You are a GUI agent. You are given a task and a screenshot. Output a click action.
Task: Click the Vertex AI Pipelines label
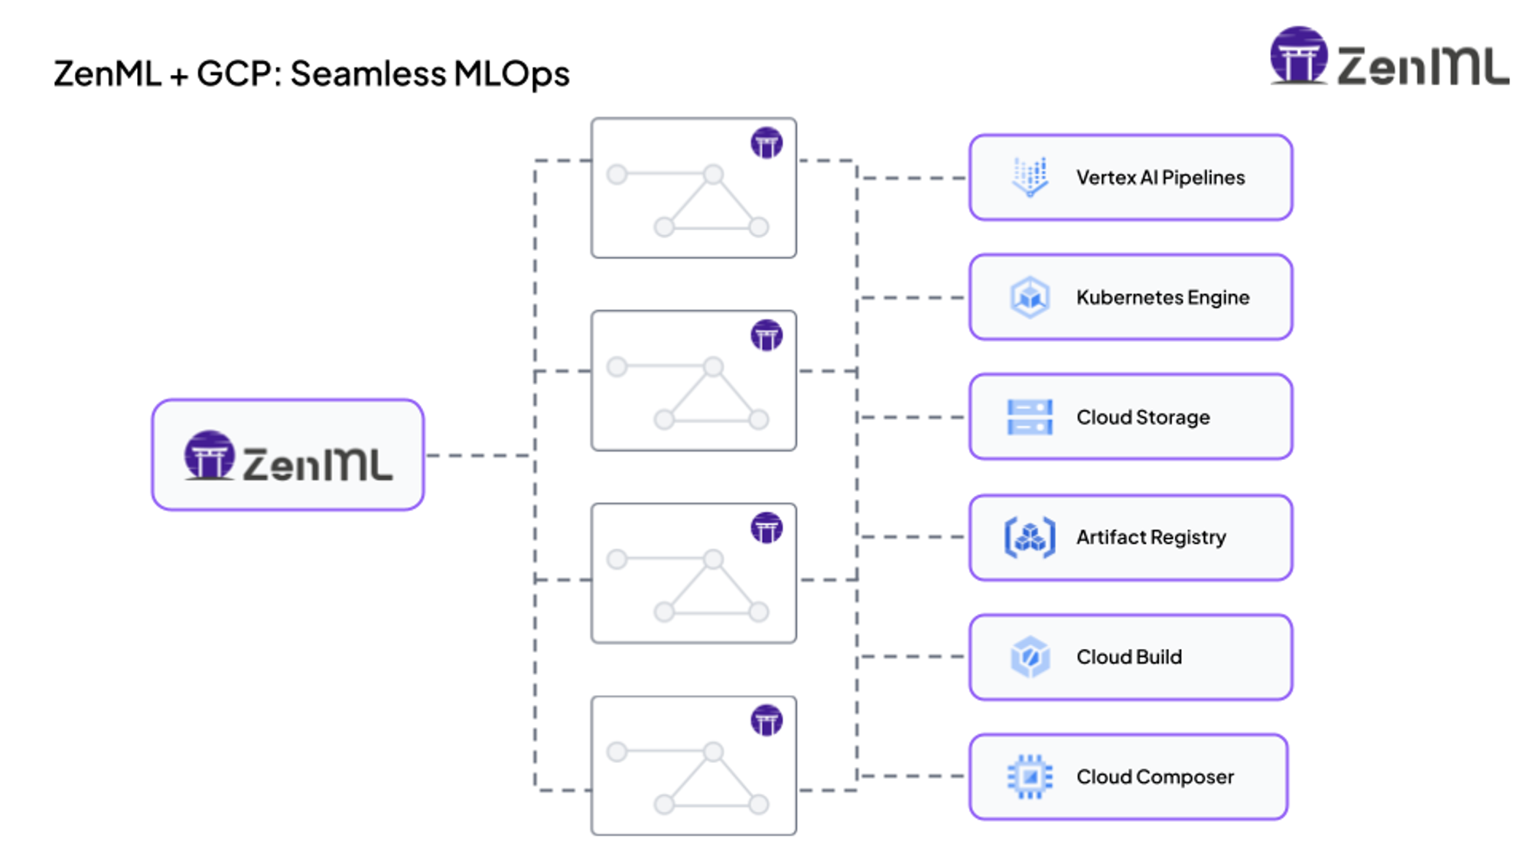1160,178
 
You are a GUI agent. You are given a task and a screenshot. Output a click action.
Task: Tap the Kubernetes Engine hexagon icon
1030,297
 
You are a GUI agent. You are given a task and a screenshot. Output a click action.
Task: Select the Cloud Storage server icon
1030,417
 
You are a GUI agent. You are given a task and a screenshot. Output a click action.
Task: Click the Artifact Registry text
1151,537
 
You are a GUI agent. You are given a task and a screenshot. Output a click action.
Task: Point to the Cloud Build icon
1030,657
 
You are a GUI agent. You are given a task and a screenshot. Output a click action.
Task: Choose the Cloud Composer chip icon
1030,777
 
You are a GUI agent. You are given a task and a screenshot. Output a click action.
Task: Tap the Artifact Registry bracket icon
1030,537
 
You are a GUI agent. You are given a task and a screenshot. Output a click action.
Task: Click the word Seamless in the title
368,74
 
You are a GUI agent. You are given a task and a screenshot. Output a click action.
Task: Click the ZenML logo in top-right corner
1388,57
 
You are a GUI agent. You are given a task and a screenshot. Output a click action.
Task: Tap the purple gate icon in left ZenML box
208,455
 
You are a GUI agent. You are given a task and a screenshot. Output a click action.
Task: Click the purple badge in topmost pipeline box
767,143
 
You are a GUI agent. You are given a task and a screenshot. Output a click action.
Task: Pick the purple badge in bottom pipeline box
767,720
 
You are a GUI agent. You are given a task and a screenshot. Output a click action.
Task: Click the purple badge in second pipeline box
767,335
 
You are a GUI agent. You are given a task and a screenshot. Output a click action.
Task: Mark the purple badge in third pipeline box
767,528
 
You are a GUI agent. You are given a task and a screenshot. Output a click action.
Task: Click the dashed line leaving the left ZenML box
478,455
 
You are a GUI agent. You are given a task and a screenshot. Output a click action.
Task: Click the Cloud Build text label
1128,657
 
